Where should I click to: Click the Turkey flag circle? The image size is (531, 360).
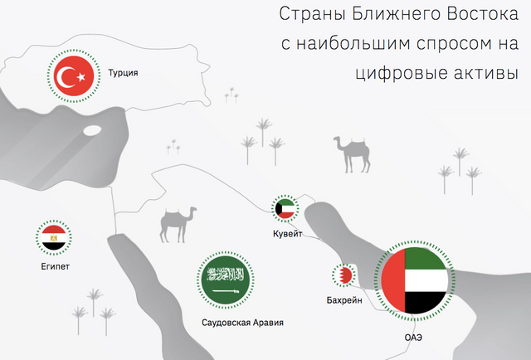click(74, 75)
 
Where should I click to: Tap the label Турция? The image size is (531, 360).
click(123, 73)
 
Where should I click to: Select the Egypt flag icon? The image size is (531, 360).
click(53, 237)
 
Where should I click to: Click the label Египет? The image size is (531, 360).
click(56, 266)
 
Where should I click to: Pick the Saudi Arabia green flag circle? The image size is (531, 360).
click(226, 280)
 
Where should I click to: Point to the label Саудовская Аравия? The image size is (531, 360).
click(242, 323)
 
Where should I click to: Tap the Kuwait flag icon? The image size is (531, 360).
click(285, 208)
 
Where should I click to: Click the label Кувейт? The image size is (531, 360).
click(288, 234)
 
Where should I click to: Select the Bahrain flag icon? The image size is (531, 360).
click(343, 275)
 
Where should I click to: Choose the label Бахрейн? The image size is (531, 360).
click(344, 300)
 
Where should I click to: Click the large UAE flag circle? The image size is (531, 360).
click(415, 280)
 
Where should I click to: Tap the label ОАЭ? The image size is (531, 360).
click(413, 338)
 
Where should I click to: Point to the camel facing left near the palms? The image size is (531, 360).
click(352, 154)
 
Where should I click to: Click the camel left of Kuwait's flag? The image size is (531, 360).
click(178, 225)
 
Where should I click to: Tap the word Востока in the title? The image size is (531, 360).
click(482, 15)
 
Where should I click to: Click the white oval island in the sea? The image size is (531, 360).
click(92, 130)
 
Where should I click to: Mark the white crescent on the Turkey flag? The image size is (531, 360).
click(65, 76)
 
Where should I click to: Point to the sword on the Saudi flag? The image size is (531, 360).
click(226, 291)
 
